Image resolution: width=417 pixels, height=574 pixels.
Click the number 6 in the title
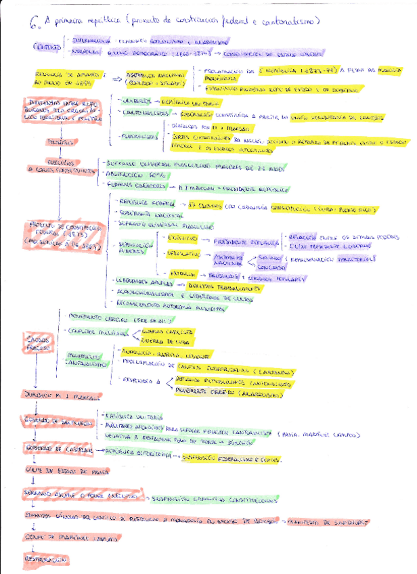[x=34, y=24]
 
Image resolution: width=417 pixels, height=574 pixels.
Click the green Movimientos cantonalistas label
[x=89, y=359]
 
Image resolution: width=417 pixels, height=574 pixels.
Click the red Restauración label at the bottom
[x=44, y=560]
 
